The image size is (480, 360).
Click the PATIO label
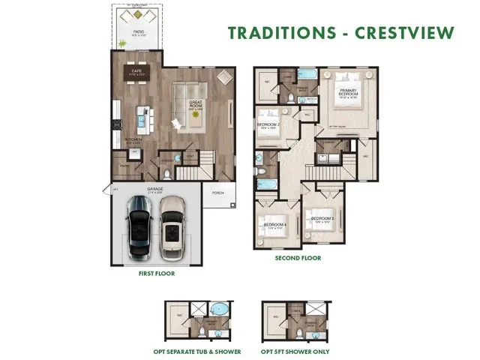pos(138,32)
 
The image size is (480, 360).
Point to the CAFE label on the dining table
pos(138,72)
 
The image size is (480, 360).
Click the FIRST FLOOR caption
pos(157,274)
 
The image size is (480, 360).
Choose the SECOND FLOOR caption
pos(298,257)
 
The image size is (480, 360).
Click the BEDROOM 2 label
pos(268,125)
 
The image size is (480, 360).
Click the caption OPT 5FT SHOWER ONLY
pos(296,349)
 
